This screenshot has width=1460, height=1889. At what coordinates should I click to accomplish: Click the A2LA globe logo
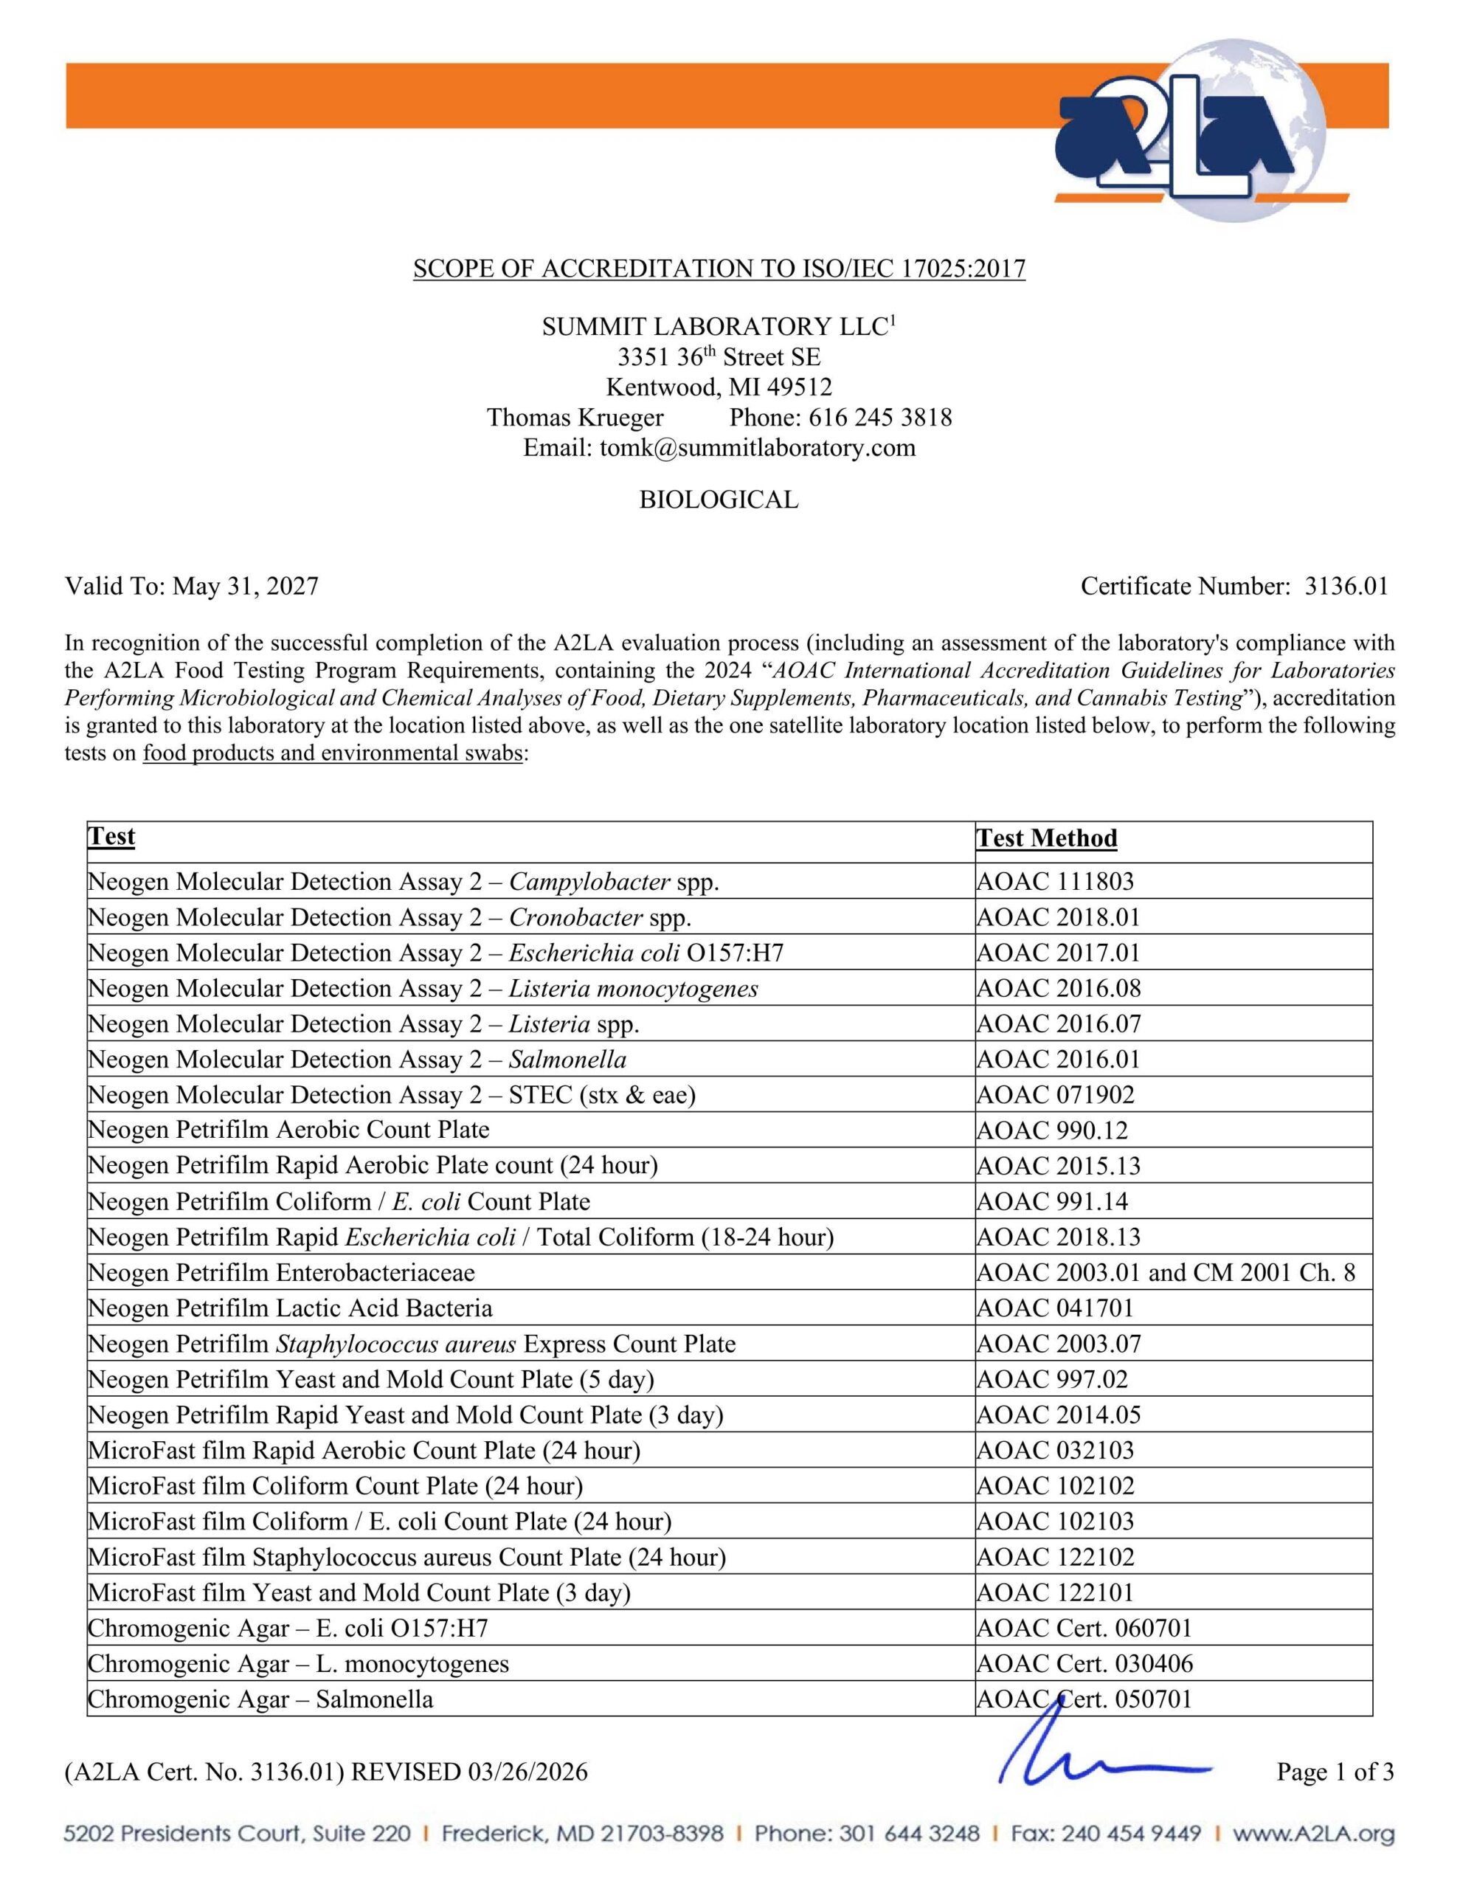pyautogui.click(x=1194, y=130)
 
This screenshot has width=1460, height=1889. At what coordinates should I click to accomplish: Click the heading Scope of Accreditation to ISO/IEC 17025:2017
pyautogui.click(x=719, y=269)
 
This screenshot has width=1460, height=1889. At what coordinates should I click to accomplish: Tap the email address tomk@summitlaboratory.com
pyautogui.click(x=757, y=447)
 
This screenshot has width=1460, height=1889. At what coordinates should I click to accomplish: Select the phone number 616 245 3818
pyautogui.click(x=879, y=417)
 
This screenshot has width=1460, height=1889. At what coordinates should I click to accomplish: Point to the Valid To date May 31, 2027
pyautogui.click(x=245, y=587)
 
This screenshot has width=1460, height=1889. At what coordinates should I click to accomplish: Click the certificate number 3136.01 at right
pyautogui.click(x=1346, y=587)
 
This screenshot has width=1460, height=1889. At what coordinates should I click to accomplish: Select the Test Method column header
pyautogui.click(x=1047, y=838)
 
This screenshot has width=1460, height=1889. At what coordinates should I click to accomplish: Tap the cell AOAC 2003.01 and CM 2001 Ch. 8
pyautogui.click(x=1165, y=1272)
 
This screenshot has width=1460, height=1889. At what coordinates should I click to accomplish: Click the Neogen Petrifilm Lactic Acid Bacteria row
pyautogui.click(x=291, y=1308)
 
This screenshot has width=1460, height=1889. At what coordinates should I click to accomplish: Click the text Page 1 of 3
pyautogui.click(x=1335, y=1772)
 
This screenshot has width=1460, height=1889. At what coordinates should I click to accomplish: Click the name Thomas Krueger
pyautogui.click(x=575, y=417)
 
